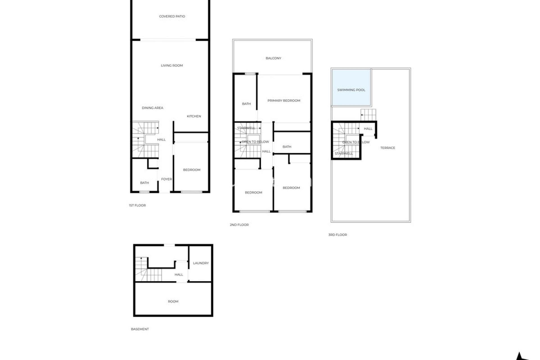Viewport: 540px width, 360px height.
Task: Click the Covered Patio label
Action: pyautogui.click(x=172, y=16)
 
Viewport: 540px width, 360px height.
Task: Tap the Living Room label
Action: pyautogui.click(x=172, y=66)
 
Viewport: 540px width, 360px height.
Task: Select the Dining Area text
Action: pyautogui.click(x=152, y=108)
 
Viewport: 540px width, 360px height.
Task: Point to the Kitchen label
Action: pyautogui.click(x=194, y=116)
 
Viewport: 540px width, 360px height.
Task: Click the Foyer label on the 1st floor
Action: pyautogui.click(x=166, y=179)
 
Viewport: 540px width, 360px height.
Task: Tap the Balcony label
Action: pyautogui.click(x=273, y=58)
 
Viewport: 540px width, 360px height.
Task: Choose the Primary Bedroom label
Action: pyautogui.click(x=284, y=100)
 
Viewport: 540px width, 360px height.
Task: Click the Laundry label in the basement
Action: pyautogui.click(x=201, y=263)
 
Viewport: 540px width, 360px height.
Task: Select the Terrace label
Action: pyautogui.click(x=388, y=148)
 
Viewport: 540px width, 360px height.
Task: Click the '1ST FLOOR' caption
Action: pyautogui.click(x=137, y=205)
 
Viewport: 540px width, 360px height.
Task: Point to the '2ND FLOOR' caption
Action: pyautogui.click(x=239, y=225)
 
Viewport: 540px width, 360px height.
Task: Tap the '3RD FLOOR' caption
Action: pyautogui.click(x=337, y=235)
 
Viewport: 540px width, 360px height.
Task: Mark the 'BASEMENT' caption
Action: pyautogui.click(x=140, y=329)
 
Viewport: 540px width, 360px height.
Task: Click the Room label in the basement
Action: pyautogui.click(x=173, y=301)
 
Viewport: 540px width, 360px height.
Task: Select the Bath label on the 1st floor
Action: pyautogui.click(x=144, y=183)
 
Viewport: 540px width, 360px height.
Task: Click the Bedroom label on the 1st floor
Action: pyautogui.click(x=192, y=170)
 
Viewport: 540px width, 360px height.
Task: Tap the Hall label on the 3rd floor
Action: pyautogui.click(x=368, y=129)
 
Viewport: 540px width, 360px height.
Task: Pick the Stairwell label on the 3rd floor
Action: pyautogui.click(x=344, y=154)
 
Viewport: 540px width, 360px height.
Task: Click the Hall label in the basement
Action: pyautogui.click(x=179, y=274)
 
